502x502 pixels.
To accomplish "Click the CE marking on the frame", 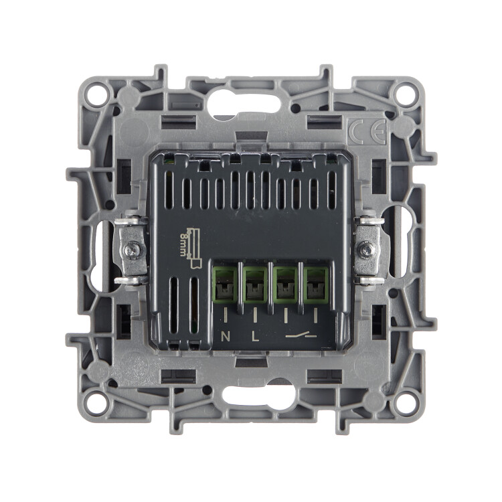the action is coord(367,132).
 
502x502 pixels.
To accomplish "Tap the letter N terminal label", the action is coord(226,337).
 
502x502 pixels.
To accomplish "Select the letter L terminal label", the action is coord(255,337).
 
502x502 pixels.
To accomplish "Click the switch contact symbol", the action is coord(301,335).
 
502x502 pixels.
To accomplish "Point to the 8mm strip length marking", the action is coord(191,247).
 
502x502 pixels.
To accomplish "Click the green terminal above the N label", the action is coord(225,285).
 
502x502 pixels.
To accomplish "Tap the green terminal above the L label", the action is coord(255,285).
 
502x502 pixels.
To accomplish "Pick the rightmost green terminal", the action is coord(316,285).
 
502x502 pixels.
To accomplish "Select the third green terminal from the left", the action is coord(285,285).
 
